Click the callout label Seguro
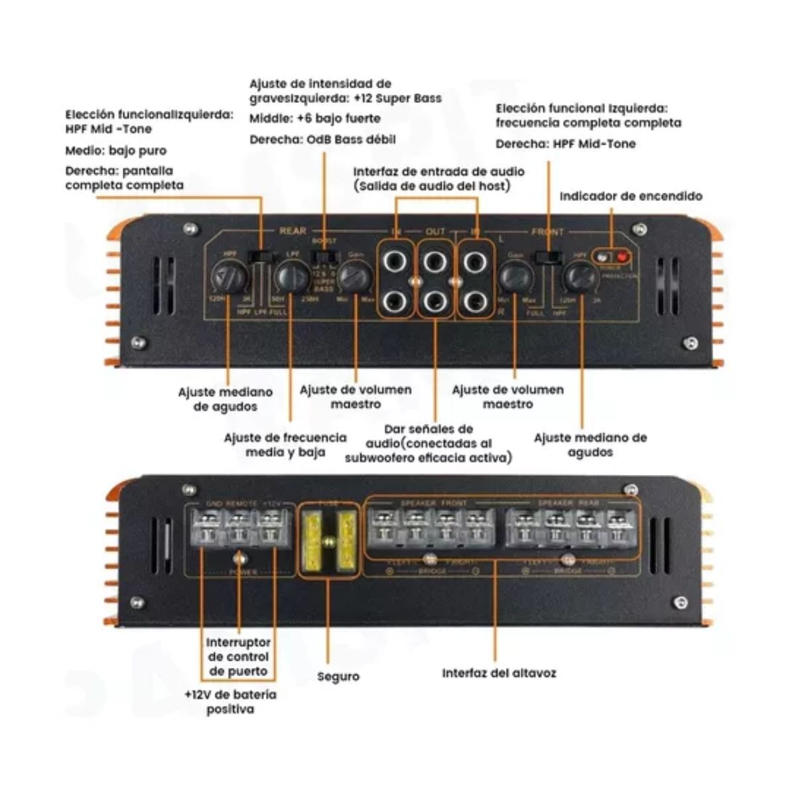(338, 677)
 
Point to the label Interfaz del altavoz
(499, 673)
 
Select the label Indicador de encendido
(630, 196)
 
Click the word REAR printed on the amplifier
(293, 231)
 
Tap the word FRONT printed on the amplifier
(547, 232)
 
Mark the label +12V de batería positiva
(230, 702)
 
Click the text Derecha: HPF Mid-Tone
(565, 144)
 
